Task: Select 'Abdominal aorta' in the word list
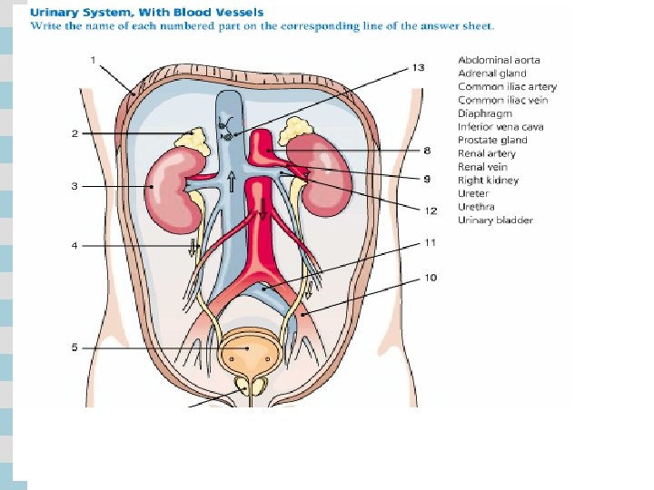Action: tap(499, 60)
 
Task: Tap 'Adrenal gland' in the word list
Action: tap(493, 73)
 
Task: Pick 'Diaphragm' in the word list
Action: tap(484, 113)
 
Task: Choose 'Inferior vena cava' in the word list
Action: tap(500, 127)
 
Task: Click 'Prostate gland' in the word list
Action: tap(492, 141)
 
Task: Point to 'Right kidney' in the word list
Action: tap(488, 181)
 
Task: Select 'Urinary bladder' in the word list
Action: tap(495, 220)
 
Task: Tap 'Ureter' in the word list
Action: tap(473, 193)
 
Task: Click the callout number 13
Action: tap(418, 67)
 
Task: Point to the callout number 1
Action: tap(94, 59)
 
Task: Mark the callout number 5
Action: tap(74, 348)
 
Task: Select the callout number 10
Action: tap(431, 276)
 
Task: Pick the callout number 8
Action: tap(427, 150)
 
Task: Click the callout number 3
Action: tap(74, 186)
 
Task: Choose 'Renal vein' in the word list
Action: tap(482, 167)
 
